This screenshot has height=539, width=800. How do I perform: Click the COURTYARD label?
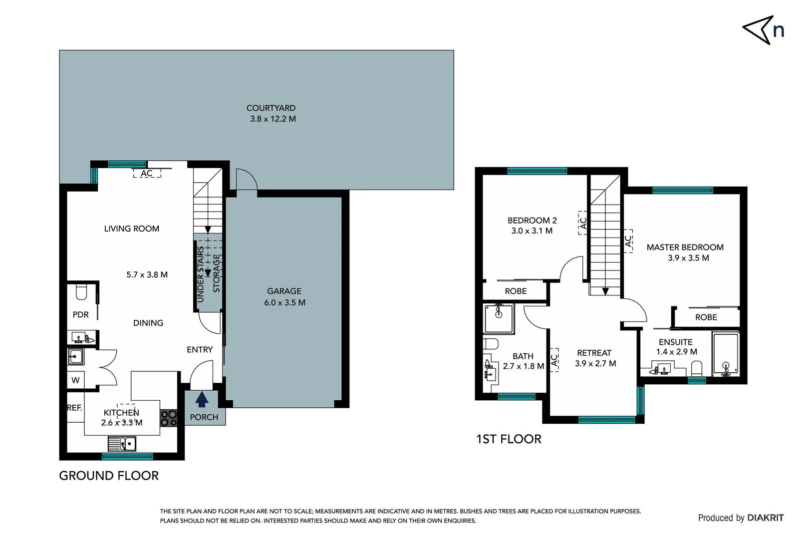click(x=271, y=108)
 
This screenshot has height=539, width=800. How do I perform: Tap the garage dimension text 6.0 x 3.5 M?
click(x=284, y=302)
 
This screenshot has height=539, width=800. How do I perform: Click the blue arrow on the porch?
click(x=202, y=400)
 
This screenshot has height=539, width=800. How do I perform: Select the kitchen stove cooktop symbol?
click(x=169, y=418)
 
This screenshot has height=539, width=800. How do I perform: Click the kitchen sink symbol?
click(x=122, y=443)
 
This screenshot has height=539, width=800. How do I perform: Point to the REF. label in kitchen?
click(x=74, y=408)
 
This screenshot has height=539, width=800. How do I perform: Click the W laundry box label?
click(x=75, y=380)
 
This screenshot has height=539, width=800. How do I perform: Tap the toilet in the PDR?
click(x=82, y=291)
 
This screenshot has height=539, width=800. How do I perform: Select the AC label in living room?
click(x=146, y=174)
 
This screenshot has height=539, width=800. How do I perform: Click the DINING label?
click(x=148, y=323)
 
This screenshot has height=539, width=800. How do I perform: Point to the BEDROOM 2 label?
click(x=532, y=220)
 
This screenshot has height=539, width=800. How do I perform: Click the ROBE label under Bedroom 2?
click(x=516, y=291)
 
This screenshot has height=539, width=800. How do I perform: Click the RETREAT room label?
click(x=594, y=353)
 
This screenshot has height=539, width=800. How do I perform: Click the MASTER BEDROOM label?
click(x=685, y=247)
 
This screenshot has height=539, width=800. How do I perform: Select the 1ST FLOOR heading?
click(x=509, y=439)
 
